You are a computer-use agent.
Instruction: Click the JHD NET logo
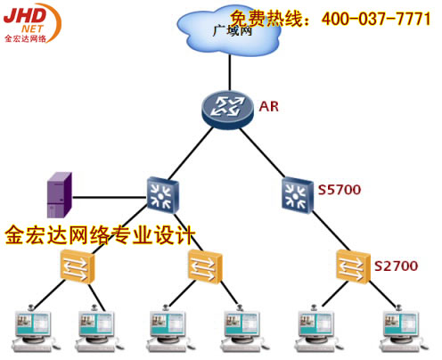(32, 23)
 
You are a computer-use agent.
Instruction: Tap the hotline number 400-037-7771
(376, 19)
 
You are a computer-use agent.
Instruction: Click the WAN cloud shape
(229, 31)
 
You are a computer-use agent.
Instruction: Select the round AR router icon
(227, 110)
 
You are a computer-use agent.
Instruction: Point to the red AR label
(269, 107)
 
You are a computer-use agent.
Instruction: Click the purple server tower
(60, 195)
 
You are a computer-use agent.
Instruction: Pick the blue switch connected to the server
(163, 195)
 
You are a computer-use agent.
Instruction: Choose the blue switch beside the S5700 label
(298, 195)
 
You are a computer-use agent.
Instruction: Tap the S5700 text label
(340, 190)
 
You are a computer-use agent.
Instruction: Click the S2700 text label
(397, 266)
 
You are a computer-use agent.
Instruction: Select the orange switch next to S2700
(354, 266)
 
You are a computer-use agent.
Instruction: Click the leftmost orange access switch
(78, 266)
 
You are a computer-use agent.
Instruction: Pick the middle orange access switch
(205, 266)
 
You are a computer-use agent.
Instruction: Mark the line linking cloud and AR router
(230, 73)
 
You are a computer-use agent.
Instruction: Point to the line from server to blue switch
(110, 197)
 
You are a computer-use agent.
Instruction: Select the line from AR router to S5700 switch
(261, 152)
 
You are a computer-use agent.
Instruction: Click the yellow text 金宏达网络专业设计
(100, 235)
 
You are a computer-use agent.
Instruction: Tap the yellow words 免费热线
(266, 19)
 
